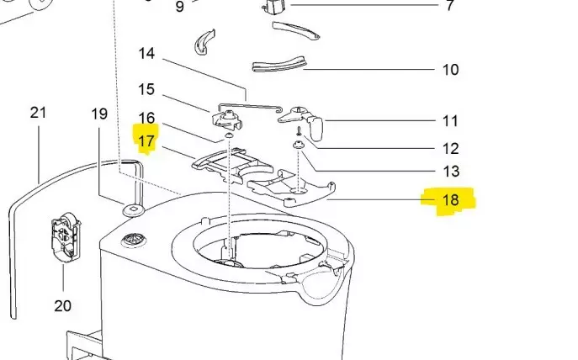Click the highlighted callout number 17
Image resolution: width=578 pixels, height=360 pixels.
click(146, 140)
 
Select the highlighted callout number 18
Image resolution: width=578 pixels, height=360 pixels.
click(450, 200)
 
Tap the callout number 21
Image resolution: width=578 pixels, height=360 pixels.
click(39, 113)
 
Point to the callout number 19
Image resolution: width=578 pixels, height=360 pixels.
click(100, 114)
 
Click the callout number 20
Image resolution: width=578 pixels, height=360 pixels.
click(63, 305)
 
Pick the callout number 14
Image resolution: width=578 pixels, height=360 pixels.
click(146, 54)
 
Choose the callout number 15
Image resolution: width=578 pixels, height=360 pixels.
click(146, 89)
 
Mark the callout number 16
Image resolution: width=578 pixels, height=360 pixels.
click(146, 118)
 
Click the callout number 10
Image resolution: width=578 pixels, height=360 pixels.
click(450, 69)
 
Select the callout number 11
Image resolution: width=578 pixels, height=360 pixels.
click(450, 121)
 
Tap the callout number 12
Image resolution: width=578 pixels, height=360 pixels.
click(450, 149)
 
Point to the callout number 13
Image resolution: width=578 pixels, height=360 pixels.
click(450, 172)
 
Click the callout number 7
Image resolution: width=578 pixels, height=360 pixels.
click(450, 6)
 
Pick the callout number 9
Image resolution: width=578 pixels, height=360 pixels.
click(179, 7)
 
